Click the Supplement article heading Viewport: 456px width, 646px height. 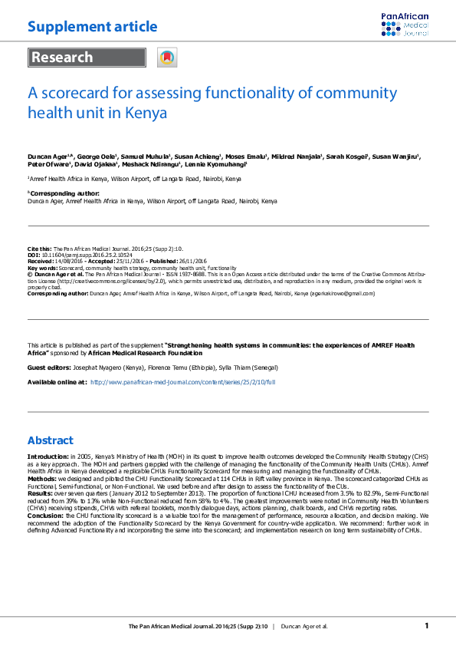point(93,28)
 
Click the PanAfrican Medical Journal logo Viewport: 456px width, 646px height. point(405,25)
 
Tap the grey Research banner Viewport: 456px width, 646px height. point(87,58)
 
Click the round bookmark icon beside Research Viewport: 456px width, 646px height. point(166,58)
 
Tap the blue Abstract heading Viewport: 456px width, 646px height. point(51,440)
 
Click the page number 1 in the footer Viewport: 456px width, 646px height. point(427,626)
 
